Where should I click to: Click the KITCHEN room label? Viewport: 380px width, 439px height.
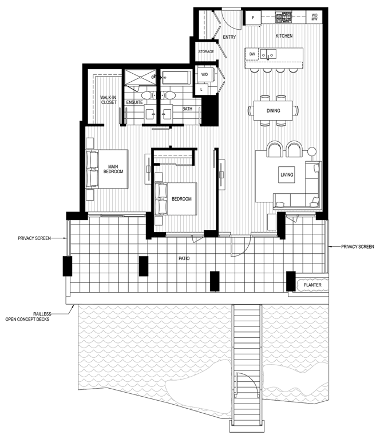coord(284,36)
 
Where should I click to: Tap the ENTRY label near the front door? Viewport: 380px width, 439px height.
coord(229,37)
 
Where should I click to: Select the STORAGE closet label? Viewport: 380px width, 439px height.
coord(206,51)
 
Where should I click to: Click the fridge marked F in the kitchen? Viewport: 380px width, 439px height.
coord(252,17)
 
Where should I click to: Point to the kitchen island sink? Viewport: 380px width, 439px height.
coord(267,54)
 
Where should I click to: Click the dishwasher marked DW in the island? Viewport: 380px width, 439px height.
coord(251,54)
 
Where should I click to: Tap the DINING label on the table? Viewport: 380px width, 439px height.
coord(273,110)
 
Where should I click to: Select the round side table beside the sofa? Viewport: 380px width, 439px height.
coord(312,151)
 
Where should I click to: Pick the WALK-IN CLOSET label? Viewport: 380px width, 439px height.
coord(109,100)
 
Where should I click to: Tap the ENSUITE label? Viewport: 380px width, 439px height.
coord(134,102)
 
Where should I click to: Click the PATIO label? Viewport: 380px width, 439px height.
coord(184,258)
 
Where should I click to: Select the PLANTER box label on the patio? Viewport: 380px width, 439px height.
coord(312,284)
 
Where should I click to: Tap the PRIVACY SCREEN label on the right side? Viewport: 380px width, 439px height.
coord(357,247)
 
